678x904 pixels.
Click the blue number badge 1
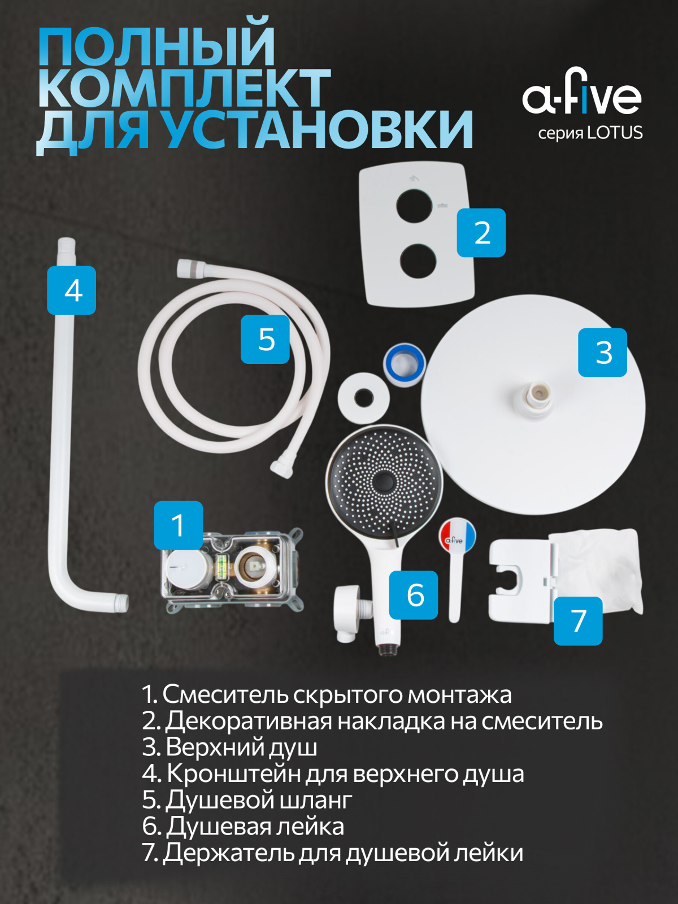click(178, 525)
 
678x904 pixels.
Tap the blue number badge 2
click(481, 233)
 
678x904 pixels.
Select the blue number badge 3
click(603, 352)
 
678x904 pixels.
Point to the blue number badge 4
click(72, 290)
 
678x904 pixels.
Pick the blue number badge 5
click(265, 340)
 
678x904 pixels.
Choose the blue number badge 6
click(414, 595)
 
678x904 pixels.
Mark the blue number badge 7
click(578, 620)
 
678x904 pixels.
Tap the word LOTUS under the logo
click(615, 133)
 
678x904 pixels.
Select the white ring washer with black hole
click(363, 398)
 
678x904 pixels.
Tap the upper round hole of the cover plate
click(414, 206)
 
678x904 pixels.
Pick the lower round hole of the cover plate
click(418, 262)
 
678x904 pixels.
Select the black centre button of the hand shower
click(384, 483)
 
